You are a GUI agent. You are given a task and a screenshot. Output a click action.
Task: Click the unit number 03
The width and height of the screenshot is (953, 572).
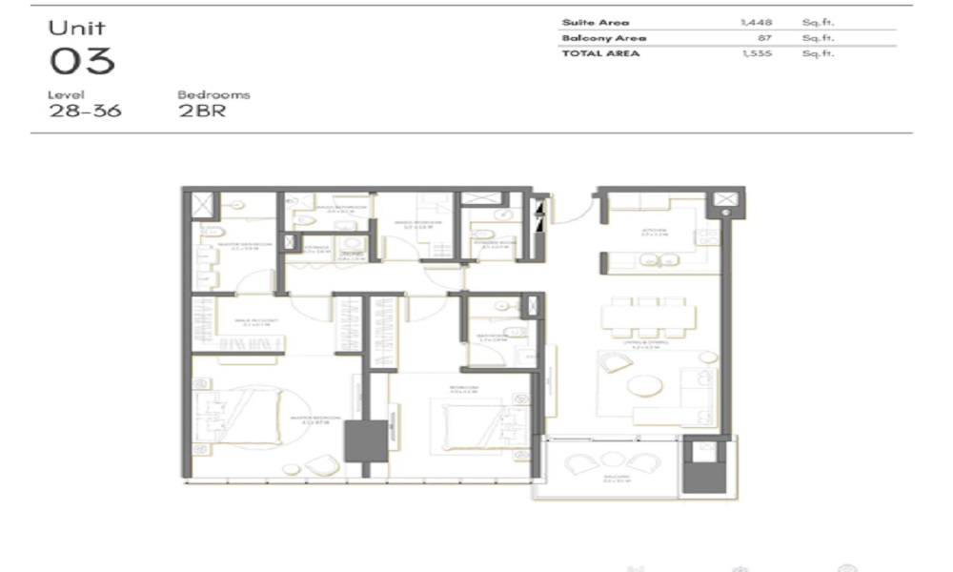click(x=82, y=61)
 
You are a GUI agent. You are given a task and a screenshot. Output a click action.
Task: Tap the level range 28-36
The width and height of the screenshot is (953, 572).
click(x=86, y=110)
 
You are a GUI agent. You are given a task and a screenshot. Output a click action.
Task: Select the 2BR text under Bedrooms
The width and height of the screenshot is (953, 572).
click(x=201, y=110)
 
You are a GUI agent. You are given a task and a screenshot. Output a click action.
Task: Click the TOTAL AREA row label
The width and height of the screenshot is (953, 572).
click(x=601, y=53)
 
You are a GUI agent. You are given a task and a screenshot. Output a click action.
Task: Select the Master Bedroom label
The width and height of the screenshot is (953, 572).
click(x=315, y=418)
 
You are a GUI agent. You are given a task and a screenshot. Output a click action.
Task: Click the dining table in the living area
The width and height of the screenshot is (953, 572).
click(x=645, y=314)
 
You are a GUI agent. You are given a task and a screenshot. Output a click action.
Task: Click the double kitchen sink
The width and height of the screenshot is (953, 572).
click(x=658, y=258)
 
